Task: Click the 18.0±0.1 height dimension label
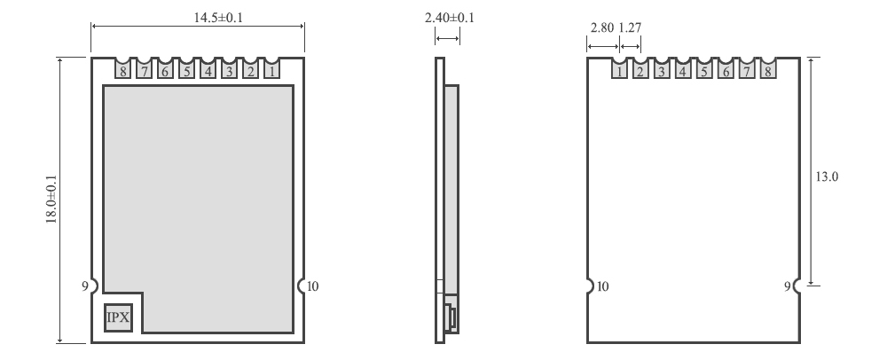pyautogui.click(x=51, y=200)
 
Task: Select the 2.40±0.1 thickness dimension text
pyautogui.click(x=448, y=17)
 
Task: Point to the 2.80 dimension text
pyautogui.click(x=601, y=27)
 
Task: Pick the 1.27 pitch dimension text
pyautogui.click(x=630, y=27)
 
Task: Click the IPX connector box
pyautogui.click(x=119, y=317)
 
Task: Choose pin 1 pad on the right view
pyautogui.click(x=619, y=69)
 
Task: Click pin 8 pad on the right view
pyautogui.click(x=768, y=69)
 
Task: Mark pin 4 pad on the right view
pyautogui.click(x=683, y=69)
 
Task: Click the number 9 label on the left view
pyautogui.click(x=84, y=286)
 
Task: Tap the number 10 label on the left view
pyautogui.click(x=314, y=286)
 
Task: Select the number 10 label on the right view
pyautogui.click(x=603, y=286)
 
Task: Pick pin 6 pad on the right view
pyautogui.click(x=726, y=69)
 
